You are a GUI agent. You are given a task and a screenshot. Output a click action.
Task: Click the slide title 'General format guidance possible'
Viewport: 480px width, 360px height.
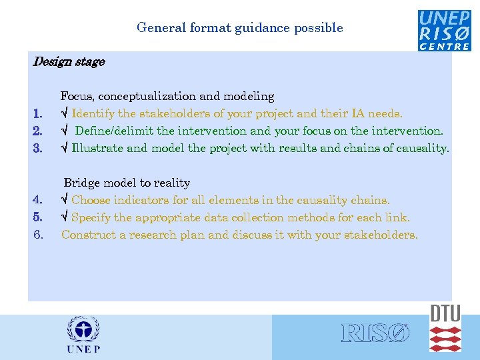(x=239, y=28)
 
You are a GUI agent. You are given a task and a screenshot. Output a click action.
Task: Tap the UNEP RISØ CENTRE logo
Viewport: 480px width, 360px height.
(x=444, y=30)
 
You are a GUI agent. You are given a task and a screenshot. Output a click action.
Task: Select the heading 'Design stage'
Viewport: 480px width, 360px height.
(x=69, y=62)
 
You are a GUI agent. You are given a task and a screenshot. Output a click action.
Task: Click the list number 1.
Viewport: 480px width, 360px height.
(x=39, y=114)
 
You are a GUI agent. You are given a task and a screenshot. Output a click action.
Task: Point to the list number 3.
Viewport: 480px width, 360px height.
(x=39, y=149)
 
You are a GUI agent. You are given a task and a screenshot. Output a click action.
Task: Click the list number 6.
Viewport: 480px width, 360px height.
(x=39, y=235)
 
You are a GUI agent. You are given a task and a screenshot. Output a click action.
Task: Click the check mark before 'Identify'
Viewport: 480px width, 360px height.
(x=65, y=114)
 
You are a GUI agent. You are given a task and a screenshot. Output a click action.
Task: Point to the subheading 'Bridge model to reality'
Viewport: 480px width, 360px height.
(x=127, y=183)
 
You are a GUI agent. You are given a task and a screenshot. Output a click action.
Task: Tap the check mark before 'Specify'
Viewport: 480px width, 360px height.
(x=65, y=217)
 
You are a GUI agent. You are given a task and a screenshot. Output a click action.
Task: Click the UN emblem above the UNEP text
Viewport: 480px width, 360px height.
(x=83, y=329)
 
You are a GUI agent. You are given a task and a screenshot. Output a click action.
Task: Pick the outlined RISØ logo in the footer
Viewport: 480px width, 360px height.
(x=375, y=333)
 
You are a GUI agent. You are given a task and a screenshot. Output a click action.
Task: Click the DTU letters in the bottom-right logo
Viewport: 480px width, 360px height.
(x=445, y=314)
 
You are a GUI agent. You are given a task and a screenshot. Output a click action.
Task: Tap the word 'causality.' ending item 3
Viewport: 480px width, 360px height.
(x=423, y=149)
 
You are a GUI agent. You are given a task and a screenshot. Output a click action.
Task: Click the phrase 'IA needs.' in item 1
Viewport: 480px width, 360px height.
(x=379, y=114)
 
